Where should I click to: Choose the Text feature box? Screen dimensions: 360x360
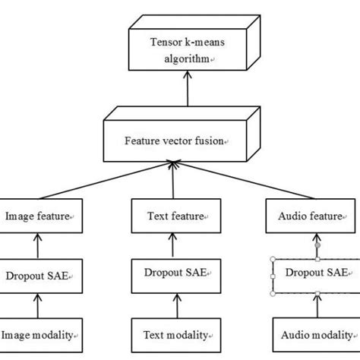coord(176,216)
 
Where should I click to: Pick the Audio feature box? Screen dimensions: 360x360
coord(310,216)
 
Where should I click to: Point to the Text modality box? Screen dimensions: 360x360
coord(176,333)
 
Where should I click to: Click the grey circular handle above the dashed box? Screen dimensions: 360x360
coord(317,245)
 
